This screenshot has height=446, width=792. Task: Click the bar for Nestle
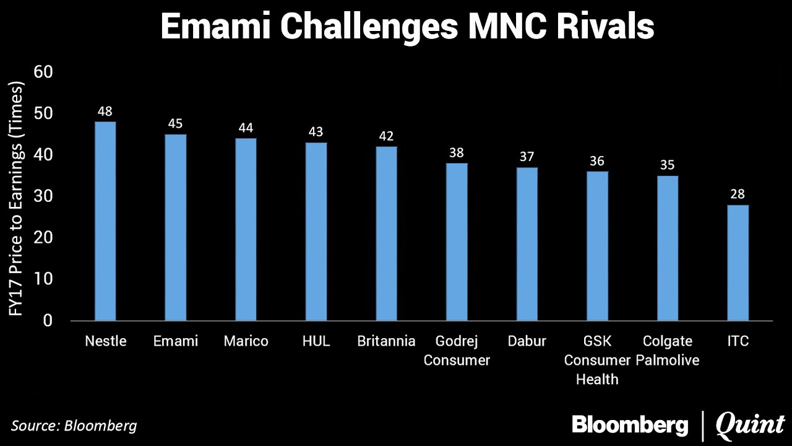[105, 221]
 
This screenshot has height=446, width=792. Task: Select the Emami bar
[176, 227]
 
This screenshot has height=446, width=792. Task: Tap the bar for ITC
[738, 263]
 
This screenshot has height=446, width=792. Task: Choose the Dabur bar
[527, 244]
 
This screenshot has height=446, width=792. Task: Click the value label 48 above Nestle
[105, 111]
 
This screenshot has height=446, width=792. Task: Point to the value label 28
[738, 195]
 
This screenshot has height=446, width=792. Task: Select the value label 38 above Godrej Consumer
[457, 153]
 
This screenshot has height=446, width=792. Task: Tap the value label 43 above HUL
[316, 132]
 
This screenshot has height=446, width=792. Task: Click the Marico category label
[246, 341]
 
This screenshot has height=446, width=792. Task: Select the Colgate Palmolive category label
[668, 351]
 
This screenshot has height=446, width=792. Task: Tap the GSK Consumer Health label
[597, 360]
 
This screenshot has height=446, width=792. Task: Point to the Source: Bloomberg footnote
[74, 426]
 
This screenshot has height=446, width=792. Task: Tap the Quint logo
[749, 426]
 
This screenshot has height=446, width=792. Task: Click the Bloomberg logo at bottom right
[630, 426]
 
